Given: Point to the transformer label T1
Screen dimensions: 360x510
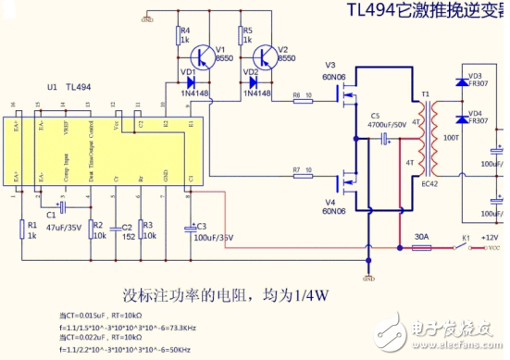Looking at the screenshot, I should (x=426, y=94).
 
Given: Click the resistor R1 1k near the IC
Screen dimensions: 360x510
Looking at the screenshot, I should (x=20, y=228).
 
